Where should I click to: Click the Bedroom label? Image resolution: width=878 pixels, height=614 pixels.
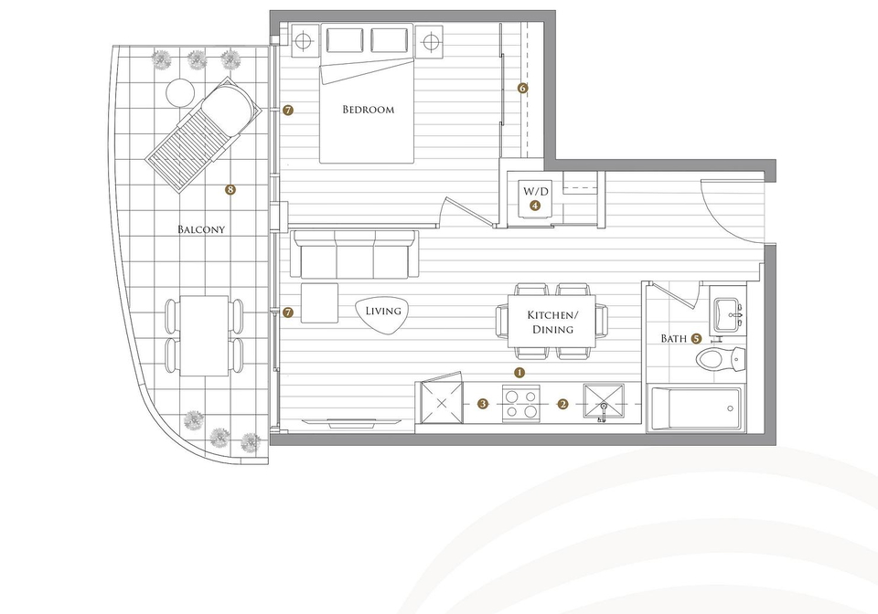tap(368, 110)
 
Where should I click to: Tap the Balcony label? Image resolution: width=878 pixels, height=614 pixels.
tap(201, 229)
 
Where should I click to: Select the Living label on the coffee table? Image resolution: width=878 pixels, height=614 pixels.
tap(383, 311)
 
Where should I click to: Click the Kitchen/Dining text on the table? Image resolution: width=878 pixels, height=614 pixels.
tap(552, 323)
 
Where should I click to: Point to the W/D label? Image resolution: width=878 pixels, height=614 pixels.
tap(536, 191)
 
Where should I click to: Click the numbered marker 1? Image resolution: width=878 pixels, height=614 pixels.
tap(519, 372)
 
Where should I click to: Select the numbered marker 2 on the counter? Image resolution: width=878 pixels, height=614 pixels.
tap(562, 404)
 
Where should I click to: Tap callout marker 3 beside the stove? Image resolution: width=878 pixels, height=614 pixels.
tap(483, 404)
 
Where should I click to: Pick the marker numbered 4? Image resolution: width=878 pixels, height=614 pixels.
tap(535, 206)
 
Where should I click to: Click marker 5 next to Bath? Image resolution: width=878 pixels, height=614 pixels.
tap(696, 338)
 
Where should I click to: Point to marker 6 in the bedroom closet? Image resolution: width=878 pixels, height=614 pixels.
tap(522, 88)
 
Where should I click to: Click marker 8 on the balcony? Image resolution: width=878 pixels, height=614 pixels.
tap(230, 189)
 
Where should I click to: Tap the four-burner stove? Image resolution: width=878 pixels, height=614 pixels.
tap(521, 404)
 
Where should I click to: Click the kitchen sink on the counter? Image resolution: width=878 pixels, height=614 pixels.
tap(604, 403)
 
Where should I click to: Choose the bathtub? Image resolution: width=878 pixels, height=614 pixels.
tap(696, 408)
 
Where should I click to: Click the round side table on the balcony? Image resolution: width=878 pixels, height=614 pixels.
tap(180, 93)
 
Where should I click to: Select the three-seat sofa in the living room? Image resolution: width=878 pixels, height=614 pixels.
tap(354, 254)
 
